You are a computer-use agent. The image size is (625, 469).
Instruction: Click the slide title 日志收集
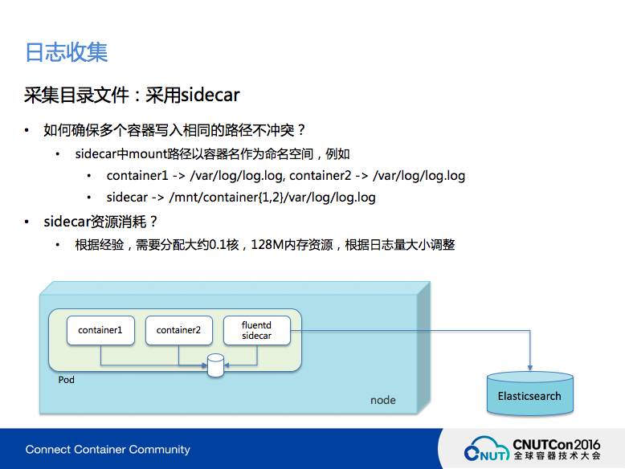pos(67,52)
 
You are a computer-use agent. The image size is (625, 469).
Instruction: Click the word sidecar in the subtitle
pos(210,96)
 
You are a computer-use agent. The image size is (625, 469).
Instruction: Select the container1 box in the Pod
pos(100,330)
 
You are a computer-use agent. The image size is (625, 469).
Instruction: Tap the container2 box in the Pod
pos(178,330)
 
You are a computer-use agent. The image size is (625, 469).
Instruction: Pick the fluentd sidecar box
pos(256,330)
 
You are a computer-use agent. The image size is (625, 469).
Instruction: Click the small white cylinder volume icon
pos(215,365)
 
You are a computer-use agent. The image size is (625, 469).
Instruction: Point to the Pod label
pos(67,380)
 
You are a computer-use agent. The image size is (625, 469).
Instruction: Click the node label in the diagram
pos(382,400)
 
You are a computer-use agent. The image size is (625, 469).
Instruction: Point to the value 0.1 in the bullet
pos(218,244)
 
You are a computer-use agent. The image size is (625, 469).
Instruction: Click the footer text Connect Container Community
pos(108,449)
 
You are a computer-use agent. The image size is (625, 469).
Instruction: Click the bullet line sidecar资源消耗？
pos(101,221)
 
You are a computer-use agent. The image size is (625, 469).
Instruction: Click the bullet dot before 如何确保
pos(27,130)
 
